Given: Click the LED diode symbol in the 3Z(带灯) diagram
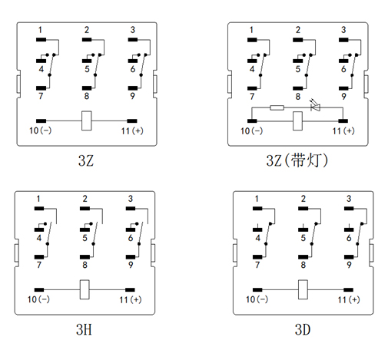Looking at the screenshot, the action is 315,107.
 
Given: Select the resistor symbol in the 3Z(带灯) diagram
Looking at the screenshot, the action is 277,107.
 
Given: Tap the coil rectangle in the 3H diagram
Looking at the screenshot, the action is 85,289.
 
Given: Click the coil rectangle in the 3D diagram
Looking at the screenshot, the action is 303,289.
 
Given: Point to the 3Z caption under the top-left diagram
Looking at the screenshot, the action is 86,160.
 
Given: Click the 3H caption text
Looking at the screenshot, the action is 84,329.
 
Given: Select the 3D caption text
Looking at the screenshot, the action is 303,329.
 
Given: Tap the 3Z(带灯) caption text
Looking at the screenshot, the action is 297,160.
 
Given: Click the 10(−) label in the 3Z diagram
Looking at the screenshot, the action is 41,130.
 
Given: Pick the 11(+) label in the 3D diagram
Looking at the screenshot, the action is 349,299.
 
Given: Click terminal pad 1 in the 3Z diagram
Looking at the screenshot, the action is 41,40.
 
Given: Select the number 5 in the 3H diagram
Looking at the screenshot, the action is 85,238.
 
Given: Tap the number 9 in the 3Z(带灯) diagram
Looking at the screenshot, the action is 343,96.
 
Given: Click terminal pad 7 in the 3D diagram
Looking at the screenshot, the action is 257,257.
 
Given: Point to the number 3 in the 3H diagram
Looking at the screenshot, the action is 131,199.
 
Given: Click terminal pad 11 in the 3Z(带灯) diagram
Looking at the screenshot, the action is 343,121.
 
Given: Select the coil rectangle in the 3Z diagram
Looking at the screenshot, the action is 87,121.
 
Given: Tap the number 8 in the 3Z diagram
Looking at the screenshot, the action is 87,96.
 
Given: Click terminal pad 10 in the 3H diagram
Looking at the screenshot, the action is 39,290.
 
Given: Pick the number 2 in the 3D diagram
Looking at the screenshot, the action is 303,199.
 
